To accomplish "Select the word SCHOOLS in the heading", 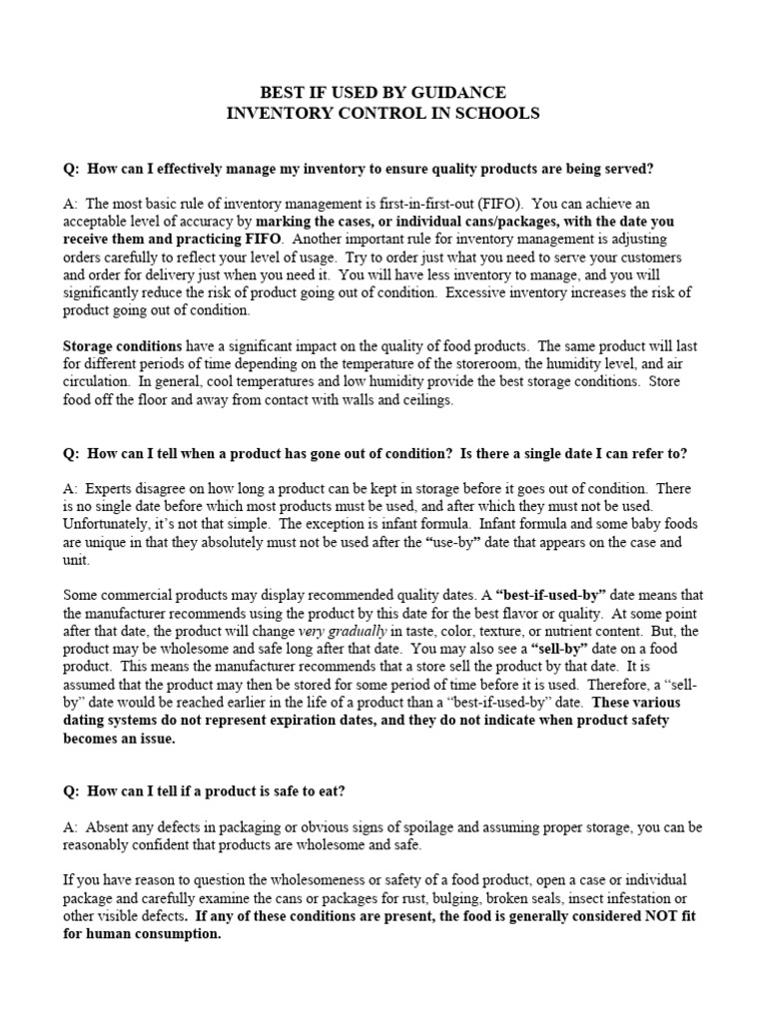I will click(x=495, y=113).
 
